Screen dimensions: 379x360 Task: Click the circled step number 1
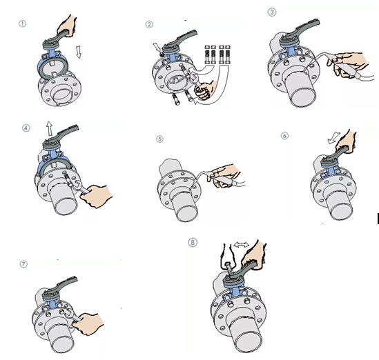(x=22, y=23)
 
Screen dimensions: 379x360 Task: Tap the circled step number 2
(x=149, y=24)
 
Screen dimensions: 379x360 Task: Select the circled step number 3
(x=272, y=12)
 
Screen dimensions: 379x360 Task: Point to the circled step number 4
(x=26, y=128)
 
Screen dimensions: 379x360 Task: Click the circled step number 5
(x=159, y=139)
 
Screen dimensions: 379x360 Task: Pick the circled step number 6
(x=284, y=136)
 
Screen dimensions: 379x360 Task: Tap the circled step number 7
(x=23, y=264)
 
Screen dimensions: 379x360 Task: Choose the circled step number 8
(x=193, y=242)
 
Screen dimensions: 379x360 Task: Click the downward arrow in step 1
(x=78, y=52)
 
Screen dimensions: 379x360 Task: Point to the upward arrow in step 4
(x=50, y=128)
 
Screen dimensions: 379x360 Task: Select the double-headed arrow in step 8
(x=241, y=245)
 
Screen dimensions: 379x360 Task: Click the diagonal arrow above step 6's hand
(x=334, y=137)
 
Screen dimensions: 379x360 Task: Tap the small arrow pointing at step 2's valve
(x=157, y=48)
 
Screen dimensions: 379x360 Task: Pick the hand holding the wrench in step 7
(x=88, y=323)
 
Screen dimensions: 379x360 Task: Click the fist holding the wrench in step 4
(x=97, y=196)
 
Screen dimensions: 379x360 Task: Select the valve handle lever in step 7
(x=61, y=287)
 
